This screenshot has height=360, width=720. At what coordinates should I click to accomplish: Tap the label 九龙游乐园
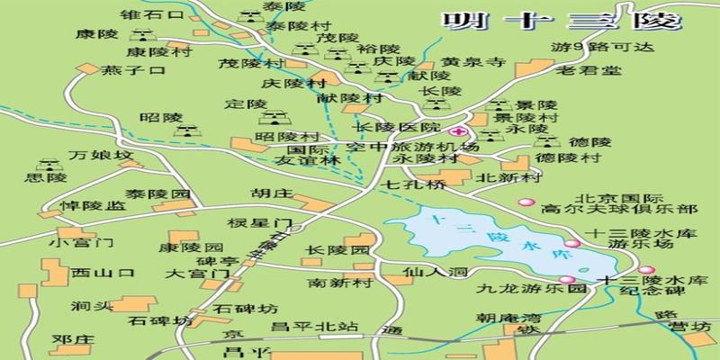[x=519, y=291]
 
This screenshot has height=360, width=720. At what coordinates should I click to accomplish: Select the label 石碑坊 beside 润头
[x=160, y=320]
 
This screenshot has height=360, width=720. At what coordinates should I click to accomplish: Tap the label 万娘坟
[x=107, y=156]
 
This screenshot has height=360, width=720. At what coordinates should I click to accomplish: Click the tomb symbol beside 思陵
[x=44, y=164]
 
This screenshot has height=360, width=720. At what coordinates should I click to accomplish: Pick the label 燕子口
[x=134, y=70]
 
